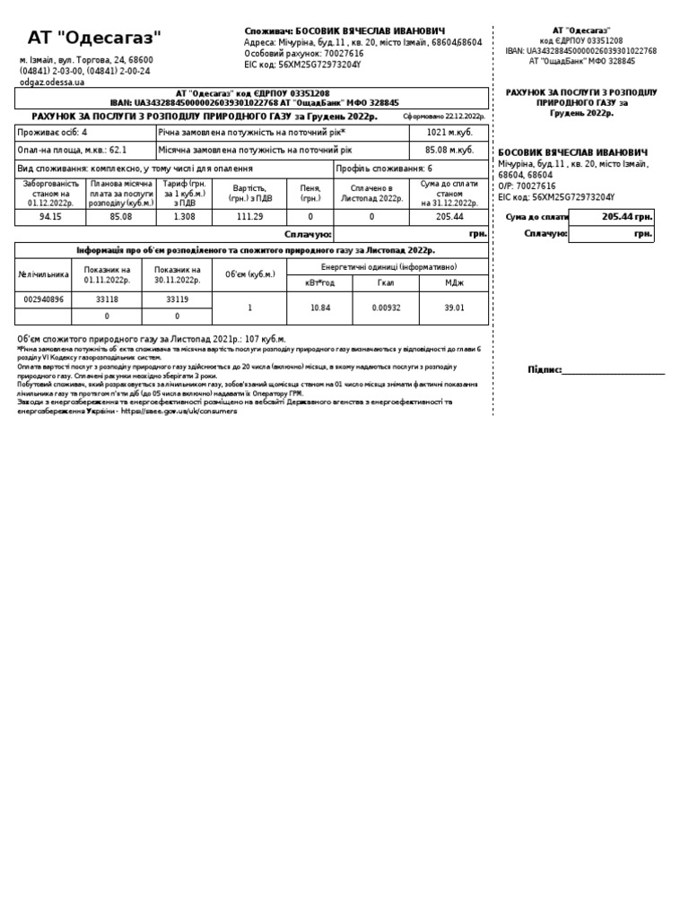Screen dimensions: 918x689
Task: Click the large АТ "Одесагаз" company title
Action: click(94, 38)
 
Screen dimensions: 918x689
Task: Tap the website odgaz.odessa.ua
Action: click(52, 82)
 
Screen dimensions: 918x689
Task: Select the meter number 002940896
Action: click(44, 299)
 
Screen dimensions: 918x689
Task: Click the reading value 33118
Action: click(107, 299)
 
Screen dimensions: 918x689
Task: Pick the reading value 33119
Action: click(177, 299)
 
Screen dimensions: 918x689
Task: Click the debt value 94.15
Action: click(51, 216)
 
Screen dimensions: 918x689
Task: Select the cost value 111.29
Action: click(249, 216)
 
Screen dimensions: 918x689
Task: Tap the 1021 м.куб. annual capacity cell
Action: click(449, 132)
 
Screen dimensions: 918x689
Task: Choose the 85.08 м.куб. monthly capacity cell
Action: click(449, 150)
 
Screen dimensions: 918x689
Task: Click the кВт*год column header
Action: click(320, 283)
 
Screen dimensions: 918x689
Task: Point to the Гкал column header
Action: click(387, 283)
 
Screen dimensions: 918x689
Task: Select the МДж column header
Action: click(455, 283)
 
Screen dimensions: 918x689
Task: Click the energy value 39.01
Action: click(455, 307)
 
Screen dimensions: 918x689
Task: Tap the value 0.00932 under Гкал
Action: click(387, 307)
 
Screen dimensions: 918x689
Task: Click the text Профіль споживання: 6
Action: click(384, 168)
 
